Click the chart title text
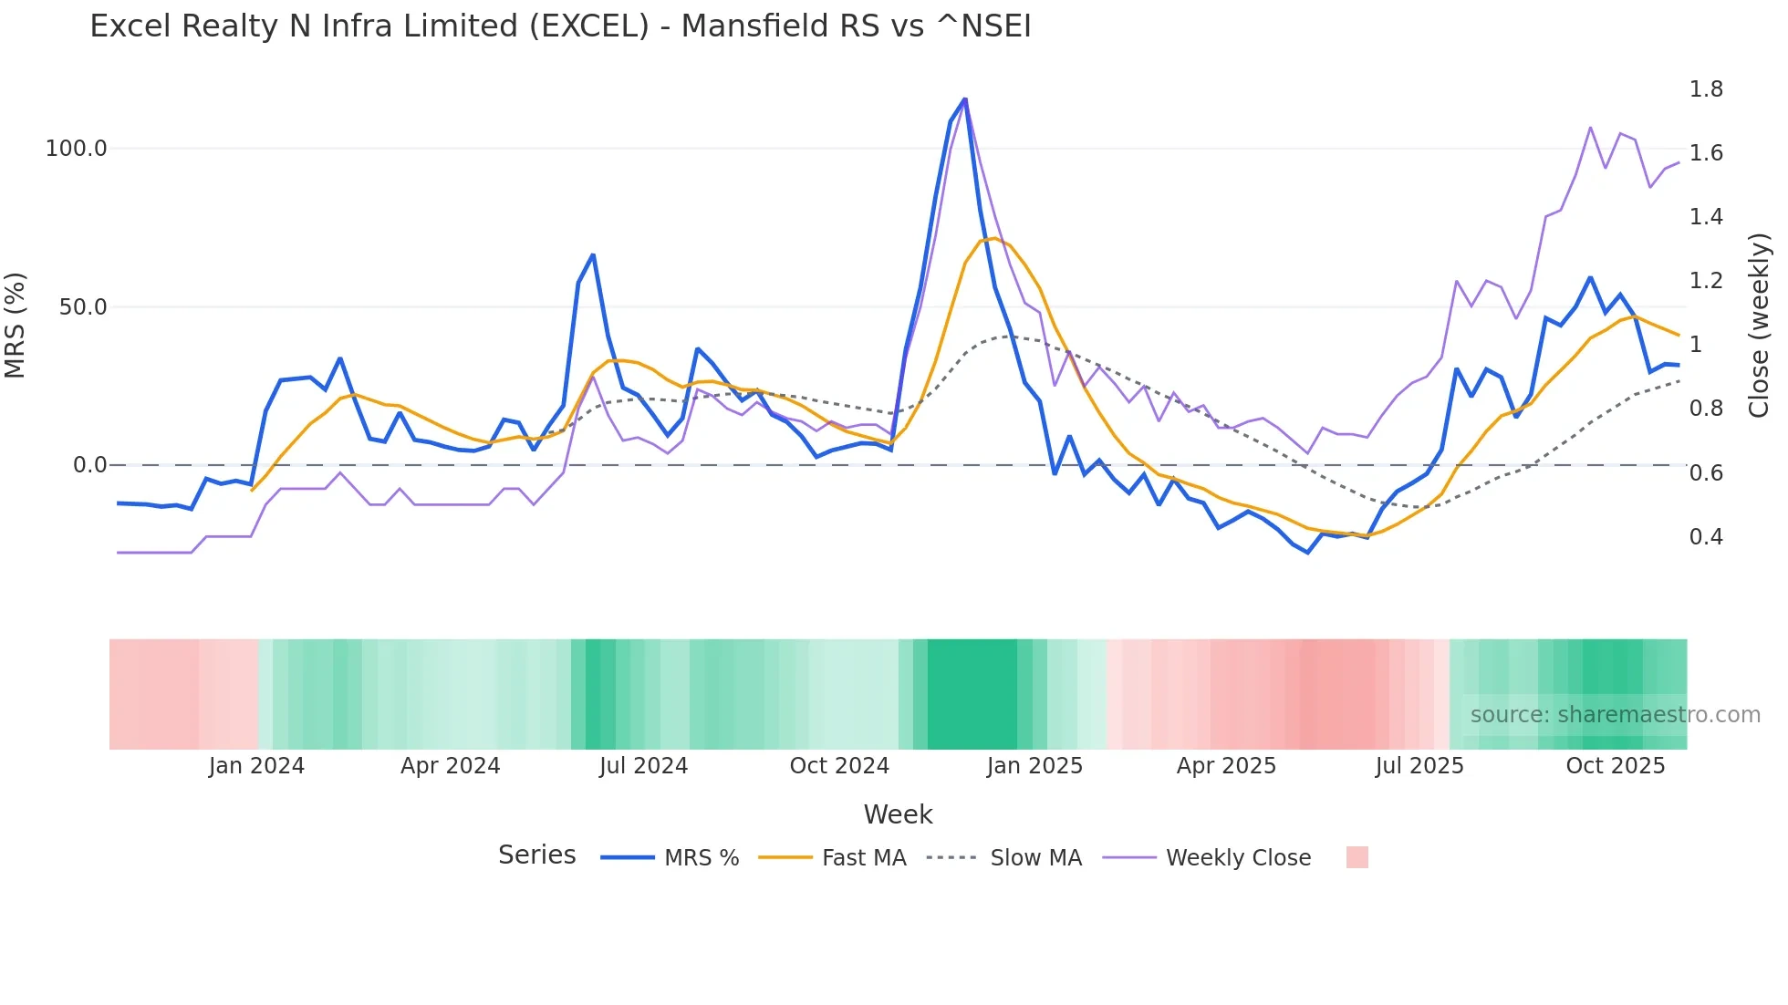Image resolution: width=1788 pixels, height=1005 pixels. pyautogui.click(x=560, y=26)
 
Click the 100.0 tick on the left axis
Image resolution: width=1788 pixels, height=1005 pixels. pyautogui.click(x=77, y=149)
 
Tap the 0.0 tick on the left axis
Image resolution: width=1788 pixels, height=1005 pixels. pyautogui.click(x=89, y=465)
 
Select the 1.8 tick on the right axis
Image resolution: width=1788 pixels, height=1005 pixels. pyautogui.click(x=1706, y=89)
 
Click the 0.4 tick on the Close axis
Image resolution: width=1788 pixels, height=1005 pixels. pyautogui.click(x=1706, y=537)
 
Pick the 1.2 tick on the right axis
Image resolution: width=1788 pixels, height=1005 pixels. pyautogui.click(x=1706, y=281)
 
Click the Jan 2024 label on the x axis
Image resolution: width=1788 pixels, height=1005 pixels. pyautogui.click(x=256, y=766)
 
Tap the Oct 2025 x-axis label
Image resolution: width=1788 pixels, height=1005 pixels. pyautogui.click(x=1615, y=766)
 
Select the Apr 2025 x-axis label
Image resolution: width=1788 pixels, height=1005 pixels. pyautogui.click(x=1226, y=766)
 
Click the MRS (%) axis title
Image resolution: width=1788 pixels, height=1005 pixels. pyautogui.click(x=16, y=325)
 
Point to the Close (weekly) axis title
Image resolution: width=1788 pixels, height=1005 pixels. pyautogui.click(x=1759, y=325)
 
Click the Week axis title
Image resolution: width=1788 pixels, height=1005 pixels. pyautogui.click(x=898, y=814)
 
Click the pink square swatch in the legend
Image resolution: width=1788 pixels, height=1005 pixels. pyautogui.click(x=1357, y=857)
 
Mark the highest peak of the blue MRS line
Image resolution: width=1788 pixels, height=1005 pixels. pyautogui.click(x=965, y=99)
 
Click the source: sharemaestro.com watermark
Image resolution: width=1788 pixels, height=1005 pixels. pyautogui.click(x=1615, y=715)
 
